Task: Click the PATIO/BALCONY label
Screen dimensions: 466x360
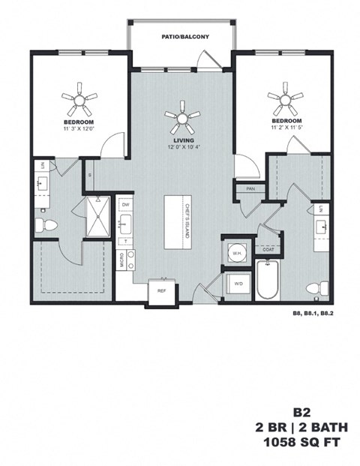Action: [x=180, y=36]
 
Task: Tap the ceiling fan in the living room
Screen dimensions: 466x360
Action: [x=183, y=116]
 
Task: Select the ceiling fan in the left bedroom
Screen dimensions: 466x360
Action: [x=79, y=97]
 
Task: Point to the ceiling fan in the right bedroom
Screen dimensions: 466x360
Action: [x=286, y=98]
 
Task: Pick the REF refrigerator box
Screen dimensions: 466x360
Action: [x=161, y=292]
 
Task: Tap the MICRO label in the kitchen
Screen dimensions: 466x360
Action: [x=121, y=260]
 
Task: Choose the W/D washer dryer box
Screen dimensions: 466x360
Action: [x=238, y=284]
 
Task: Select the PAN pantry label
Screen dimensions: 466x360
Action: [x=249, y=189]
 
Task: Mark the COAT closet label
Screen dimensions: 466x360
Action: [x=268, y=251]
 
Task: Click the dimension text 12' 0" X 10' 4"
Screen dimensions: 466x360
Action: [x=183, y=148]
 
